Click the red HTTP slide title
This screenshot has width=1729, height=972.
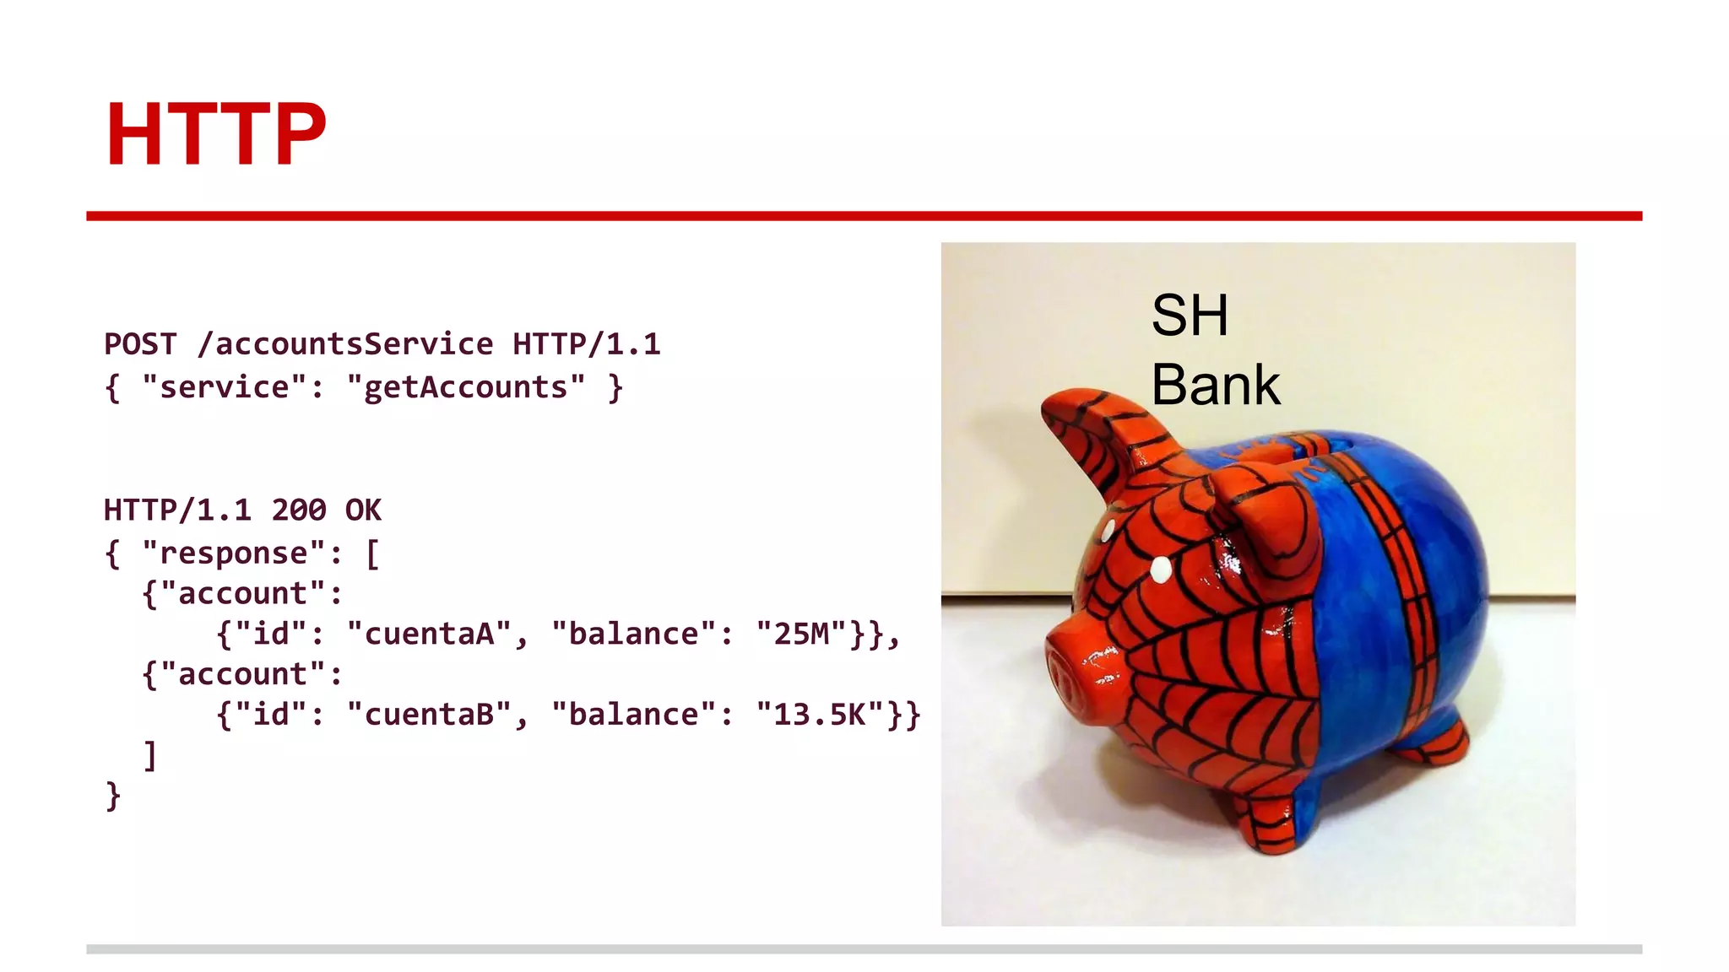click(x=215, y=134)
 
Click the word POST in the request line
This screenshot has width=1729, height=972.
click(x=140, y=344)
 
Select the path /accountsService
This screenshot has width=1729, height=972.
click(x=345, y=344)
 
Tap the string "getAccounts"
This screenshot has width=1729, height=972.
click(x=465, y=387)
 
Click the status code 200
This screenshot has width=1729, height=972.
click(x=299, y=510)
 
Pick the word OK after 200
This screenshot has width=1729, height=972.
click(x=363, y=510)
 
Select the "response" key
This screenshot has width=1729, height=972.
click(x=233, y=553)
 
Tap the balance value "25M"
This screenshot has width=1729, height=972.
click(x=801, y=634)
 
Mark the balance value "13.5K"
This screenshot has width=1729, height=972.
click(x=820, y=715)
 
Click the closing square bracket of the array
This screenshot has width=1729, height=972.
click(x=150, y=755)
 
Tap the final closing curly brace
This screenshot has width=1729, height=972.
click(x=113, y=796)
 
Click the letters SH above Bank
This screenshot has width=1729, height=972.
click(x=1190, y=316)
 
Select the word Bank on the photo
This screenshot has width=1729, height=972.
click(x=1216, y=385)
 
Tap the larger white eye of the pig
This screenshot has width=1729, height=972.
click(x=1162, y=570)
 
